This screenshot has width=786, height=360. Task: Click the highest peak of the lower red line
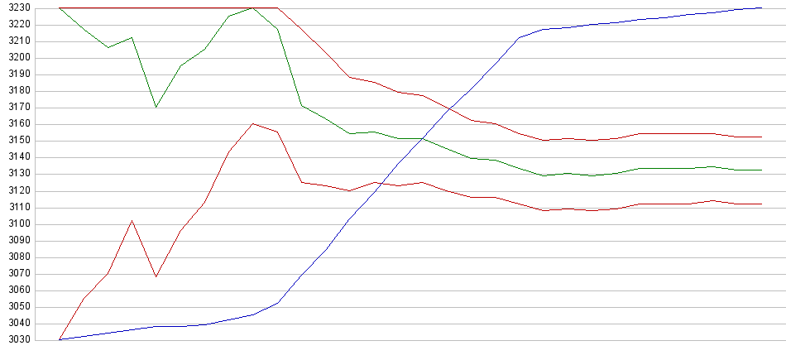[x=252, y=123]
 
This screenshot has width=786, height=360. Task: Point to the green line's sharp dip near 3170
[x=156, y=107]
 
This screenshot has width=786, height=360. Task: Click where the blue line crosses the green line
[x=424, y=138]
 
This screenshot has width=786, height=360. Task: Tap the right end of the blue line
[x=761, y=7]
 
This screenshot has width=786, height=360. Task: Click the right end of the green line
[x=761, y=170]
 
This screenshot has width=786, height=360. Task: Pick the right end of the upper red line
[x=761, y=137]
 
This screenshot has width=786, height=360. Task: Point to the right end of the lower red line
[x=761, y=204]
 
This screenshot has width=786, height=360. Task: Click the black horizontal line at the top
[x=165, y=7]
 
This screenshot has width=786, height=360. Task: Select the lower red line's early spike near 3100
[x=132, y=220]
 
